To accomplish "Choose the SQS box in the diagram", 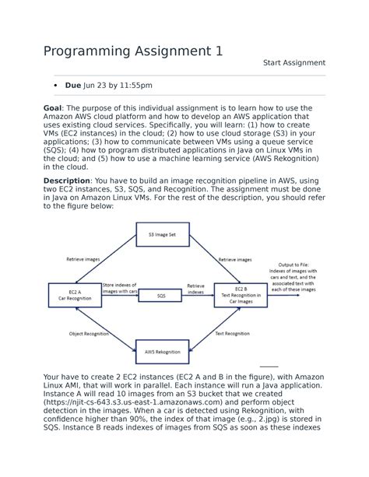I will [x=161, y=296].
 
